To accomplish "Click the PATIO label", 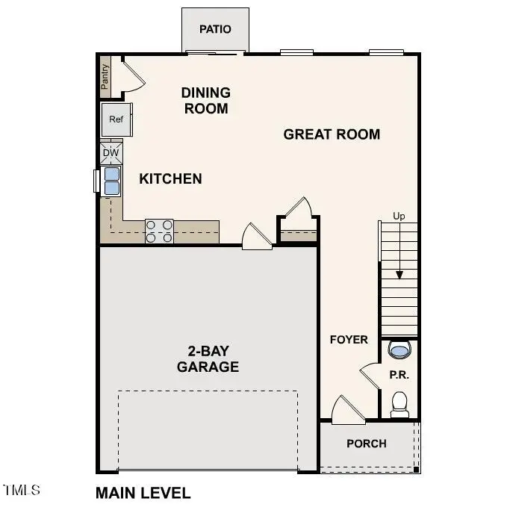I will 215,29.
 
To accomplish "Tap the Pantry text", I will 105,75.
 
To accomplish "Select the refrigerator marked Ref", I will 116,119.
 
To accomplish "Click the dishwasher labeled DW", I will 111,153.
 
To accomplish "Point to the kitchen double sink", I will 111,181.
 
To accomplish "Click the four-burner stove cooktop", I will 159,231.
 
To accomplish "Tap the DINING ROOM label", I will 205,100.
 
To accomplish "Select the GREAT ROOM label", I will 332,134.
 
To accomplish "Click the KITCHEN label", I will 170,178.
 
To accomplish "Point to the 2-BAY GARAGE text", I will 208,359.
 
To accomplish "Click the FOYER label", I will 349,340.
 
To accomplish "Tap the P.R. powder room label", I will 399,375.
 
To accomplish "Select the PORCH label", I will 367,444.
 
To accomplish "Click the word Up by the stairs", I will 399,217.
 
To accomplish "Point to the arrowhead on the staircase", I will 399,274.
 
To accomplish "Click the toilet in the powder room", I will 399,403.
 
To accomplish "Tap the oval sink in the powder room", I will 399,349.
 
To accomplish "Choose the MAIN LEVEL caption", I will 143,493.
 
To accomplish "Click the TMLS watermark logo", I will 22,491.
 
